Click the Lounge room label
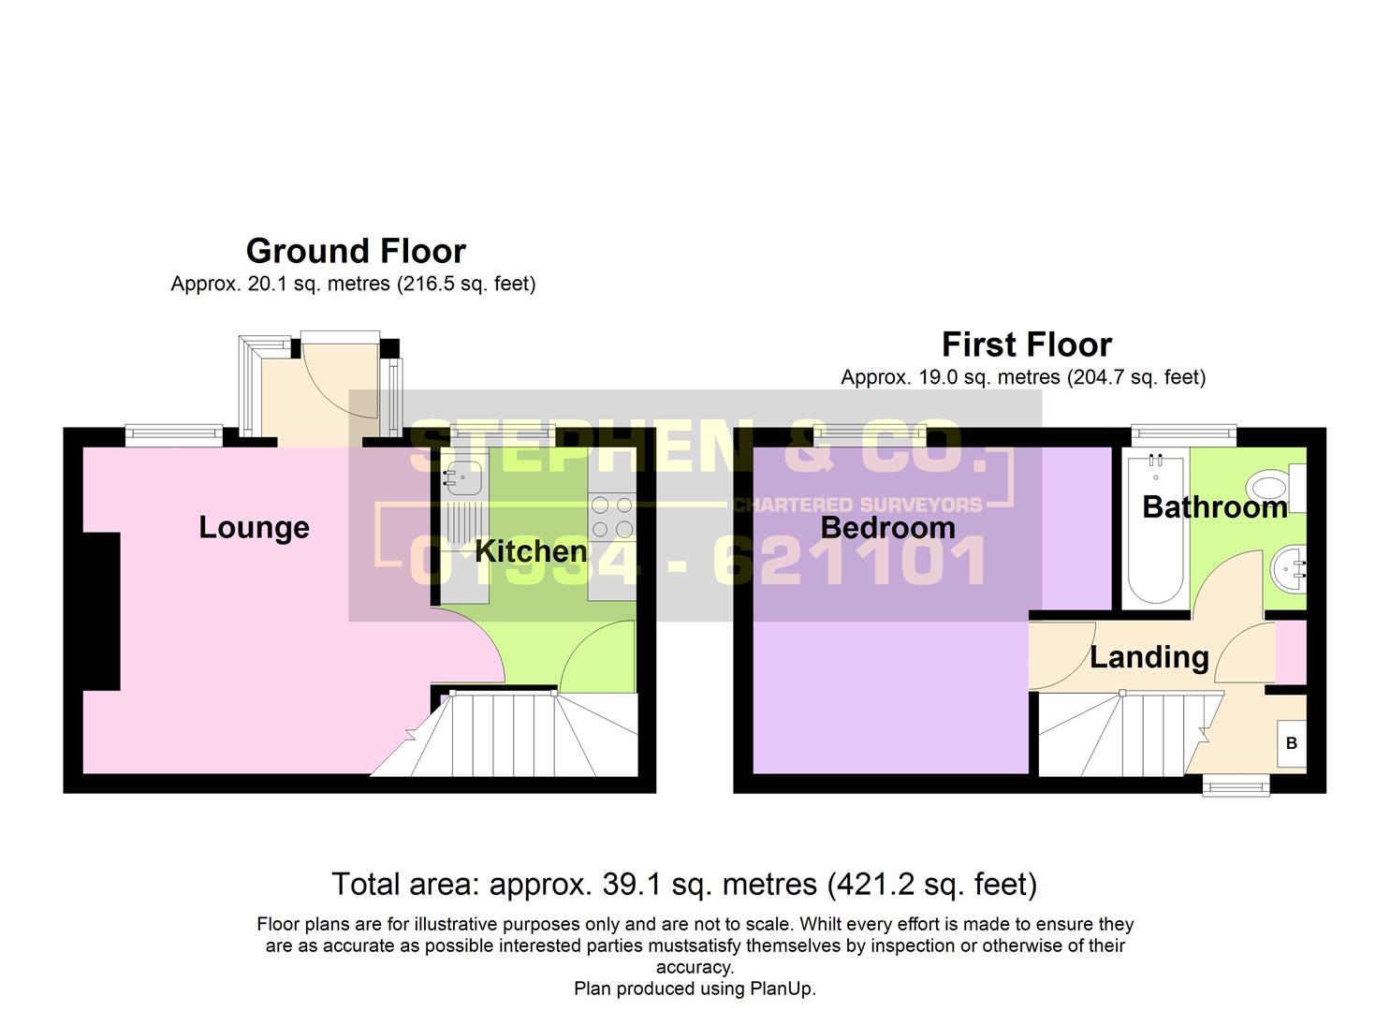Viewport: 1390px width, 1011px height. click(254, 527)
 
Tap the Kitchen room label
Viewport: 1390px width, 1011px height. click(530, 551)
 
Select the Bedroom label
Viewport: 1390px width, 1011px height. click(887, 527)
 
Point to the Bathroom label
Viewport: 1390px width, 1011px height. click(1214, 506)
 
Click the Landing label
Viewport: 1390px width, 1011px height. click(1149, 657)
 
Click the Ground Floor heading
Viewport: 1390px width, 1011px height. click(356, 251)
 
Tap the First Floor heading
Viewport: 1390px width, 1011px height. click(1026, 344)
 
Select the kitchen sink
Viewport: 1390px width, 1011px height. click(462, 478)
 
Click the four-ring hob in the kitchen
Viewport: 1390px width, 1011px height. click(611, 517)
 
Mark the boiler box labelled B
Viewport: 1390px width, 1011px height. click(1292, 743)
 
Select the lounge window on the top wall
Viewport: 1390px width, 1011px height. click(174, 432)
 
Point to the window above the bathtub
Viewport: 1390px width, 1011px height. click(1183, 432)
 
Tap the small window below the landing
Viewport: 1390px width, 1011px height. click(1236, 784)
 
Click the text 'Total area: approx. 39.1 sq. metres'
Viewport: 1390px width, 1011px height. click(574, 884)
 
